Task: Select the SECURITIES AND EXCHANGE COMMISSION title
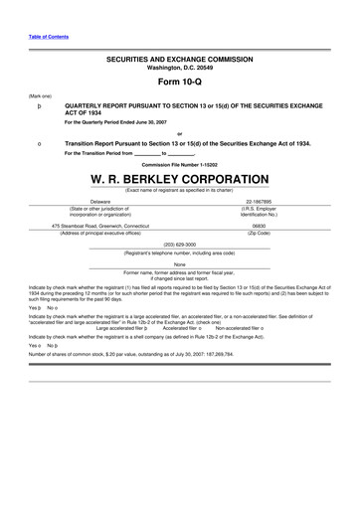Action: tap(179, 60)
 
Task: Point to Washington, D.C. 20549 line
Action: tap(179, 68)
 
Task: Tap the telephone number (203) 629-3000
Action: tap(179, 243)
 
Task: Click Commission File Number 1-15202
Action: tap(179, 164)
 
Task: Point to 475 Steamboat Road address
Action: tap(99, 226)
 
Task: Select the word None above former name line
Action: tap(179, 263)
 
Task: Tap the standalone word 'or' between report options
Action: tap(179, 132)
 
